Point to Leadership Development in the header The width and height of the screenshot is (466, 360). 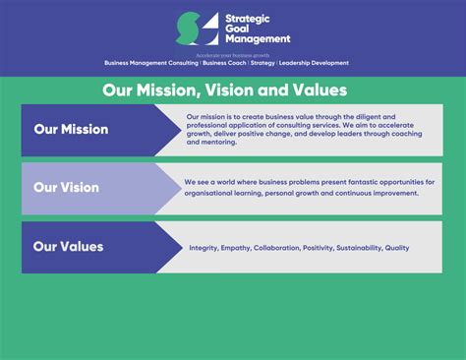314,63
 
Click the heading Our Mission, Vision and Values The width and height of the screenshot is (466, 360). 225,90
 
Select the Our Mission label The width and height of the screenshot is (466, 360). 71,129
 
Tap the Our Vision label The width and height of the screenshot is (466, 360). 67,188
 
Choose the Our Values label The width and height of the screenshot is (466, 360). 68,246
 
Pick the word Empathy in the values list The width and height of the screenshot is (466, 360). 235,248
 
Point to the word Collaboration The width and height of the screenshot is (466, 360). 275,248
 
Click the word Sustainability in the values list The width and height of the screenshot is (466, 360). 359,248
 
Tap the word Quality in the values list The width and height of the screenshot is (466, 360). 397,248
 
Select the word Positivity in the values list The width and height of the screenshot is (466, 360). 318,248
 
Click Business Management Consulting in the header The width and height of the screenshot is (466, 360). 151,63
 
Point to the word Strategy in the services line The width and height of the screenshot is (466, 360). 261,63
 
